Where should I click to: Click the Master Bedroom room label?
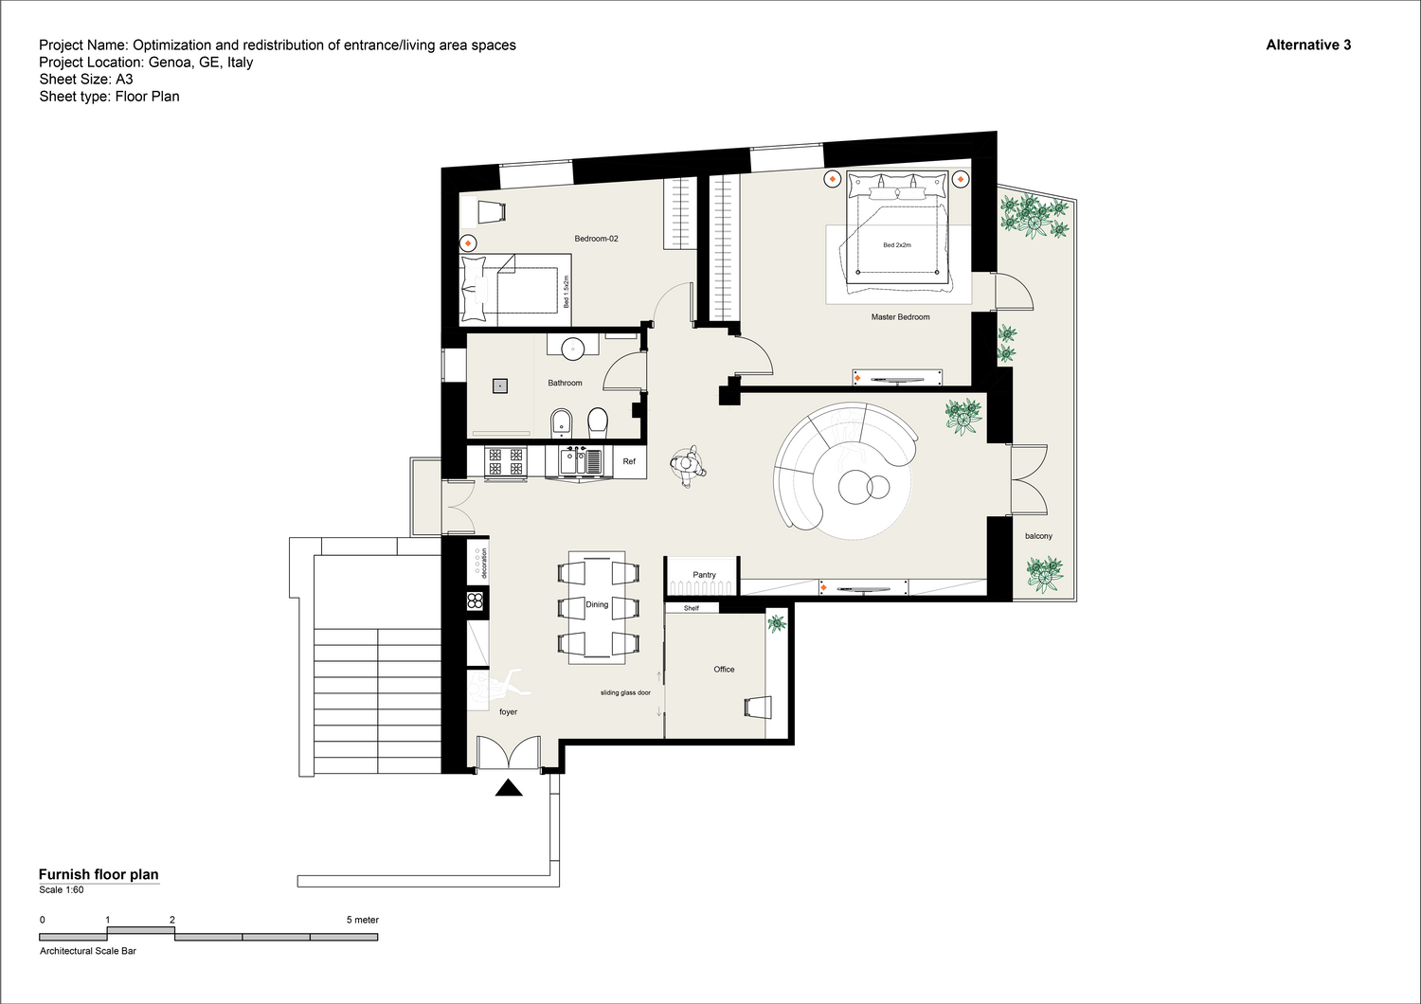coord(900,317)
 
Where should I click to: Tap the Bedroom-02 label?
coord(596,239)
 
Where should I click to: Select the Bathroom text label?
coord(565,383)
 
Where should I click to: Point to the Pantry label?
coord(704,575)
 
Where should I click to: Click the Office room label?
coord(724,669)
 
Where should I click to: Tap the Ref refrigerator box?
coord(629,461)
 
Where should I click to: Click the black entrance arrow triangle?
coord(509,788)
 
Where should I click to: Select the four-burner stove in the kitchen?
coord(506,461)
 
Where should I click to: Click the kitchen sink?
coord(581,461)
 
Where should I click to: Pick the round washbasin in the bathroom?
coord(573,349)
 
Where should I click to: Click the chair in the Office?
coord(758,708)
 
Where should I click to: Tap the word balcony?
coord(1038,536)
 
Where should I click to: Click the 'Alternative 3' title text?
coord(1308,45)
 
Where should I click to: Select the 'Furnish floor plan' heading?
coord(99,874)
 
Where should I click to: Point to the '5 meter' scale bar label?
coord(362,920)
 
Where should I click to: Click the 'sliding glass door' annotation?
coord(625,692)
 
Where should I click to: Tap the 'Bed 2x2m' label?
coord(897,244)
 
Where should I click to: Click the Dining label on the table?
coord(597,604)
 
